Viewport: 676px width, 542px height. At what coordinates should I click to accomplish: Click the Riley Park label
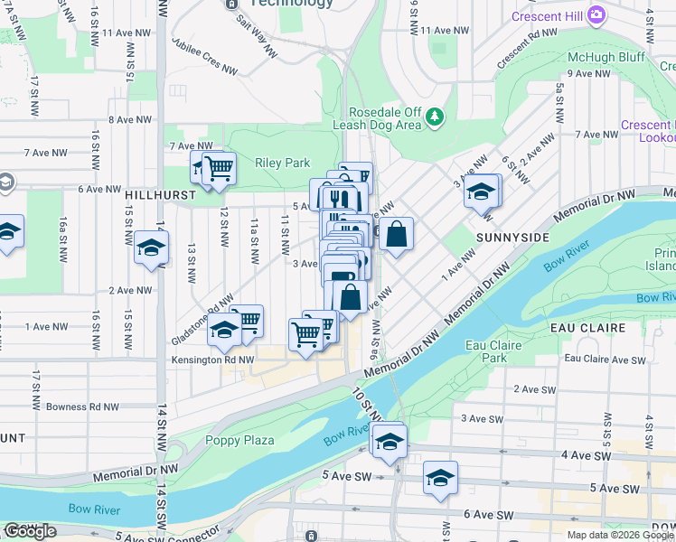282,164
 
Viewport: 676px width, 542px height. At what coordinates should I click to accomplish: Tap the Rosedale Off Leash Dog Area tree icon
436,116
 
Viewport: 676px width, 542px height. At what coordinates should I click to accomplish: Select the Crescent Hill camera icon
596,14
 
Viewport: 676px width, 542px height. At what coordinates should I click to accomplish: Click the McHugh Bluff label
598,56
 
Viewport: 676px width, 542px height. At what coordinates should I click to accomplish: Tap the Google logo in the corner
31,531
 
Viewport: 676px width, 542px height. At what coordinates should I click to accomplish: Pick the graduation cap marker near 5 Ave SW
440,478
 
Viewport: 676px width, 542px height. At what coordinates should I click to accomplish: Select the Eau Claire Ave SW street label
605,360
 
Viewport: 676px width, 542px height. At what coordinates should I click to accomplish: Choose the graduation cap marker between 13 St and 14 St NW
151,248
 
